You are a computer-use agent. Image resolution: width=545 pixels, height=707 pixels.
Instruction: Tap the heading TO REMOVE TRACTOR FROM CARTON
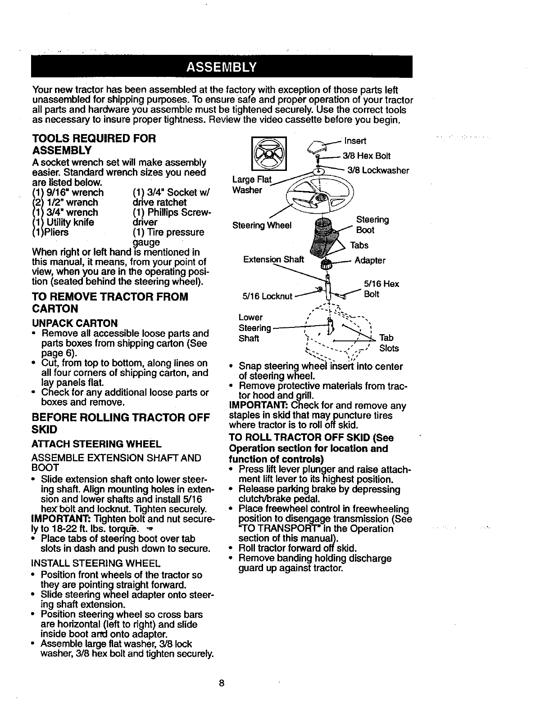(x=110, y=303)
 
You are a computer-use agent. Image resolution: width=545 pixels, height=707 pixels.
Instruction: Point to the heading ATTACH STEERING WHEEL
(x=96, y=444)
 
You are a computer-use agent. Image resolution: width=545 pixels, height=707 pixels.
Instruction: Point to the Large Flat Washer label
(x=251, y=185)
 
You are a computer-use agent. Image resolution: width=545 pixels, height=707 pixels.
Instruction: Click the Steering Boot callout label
(x=372, y=225)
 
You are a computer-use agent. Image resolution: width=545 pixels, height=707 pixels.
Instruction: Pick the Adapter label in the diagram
(x=370, y=260)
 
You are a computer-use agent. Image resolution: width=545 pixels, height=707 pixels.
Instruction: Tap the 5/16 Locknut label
(x=268, y=296)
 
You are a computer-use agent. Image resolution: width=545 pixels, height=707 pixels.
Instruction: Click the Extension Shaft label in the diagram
(x=273, y=259)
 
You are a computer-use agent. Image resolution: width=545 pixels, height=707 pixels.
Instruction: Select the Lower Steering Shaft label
(x=254, y=327)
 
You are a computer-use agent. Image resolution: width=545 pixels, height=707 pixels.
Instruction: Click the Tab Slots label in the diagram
(x=388, y=343)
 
